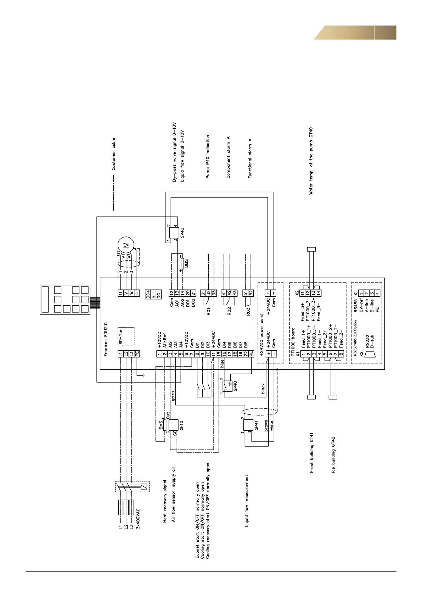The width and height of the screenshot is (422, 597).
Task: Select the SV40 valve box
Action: click(175, 233)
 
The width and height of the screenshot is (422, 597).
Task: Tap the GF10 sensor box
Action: click(173, 425)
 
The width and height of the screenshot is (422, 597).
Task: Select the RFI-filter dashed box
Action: click(126, 336)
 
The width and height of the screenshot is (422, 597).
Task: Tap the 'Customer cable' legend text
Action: click(114, 154)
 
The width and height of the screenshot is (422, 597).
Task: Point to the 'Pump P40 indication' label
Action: click(208, 157)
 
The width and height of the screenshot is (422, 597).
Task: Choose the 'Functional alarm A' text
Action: click(250, 158)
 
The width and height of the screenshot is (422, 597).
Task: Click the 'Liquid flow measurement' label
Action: click(247, 501)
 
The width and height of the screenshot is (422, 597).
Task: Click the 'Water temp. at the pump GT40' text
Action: click(311, 161)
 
